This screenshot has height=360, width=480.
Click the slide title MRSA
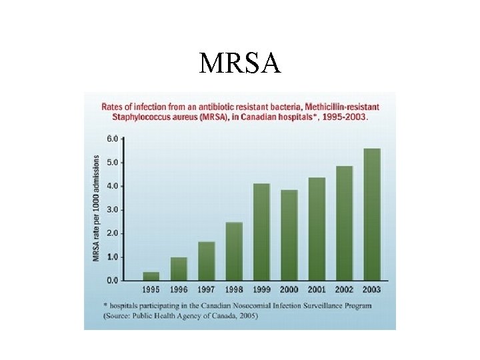point(240,63)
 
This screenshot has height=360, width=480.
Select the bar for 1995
point(151,276)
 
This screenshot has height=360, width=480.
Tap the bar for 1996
point(179,269)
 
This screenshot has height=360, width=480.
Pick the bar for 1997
point(207,261)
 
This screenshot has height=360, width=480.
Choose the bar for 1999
point(261,232)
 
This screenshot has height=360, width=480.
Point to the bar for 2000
point(289,235)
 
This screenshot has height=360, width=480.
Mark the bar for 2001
point(317,229)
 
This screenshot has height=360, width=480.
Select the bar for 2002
point(344,223)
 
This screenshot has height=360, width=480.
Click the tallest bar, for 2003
point(371,215)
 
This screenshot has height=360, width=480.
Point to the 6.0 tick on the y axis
point(113,139)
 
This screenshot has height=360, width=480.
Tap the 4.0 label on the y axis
point(113,186)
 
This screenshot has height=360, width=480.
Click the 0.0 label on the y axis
point(113,281)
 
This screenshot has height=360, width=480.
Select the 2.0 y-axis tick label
point(113,233)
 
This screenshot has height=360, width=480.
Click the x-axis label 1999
point(261,289)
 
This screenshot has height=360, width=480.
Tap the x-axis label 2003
point(371,289)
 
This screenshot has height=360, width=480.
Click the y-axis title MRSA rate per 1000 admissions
point(97,209)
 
